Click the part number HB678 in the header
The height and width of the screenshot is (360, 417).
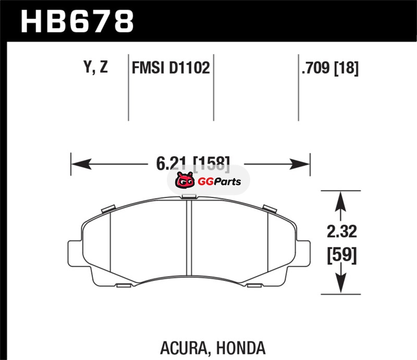click(77, 21)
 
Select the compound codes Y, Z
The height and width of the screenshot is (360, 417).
click(96, 67)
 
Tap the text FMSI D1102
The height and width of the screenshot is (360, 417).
click(171, 68)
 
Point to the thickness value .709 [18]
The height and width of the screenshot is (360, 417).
click(330, 68)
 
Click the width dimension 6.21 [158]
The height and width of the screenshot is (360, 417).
click(193, 163)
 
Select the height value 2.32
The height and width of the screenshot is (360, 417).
click(341, 231)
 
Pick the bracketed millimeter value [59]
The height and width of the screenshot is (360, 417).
click(341, 255)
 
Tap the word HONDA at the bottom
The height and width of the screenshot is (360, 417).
click(241, 347)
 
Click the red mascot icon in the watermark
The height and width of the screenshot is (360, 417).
click(185, 180)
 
